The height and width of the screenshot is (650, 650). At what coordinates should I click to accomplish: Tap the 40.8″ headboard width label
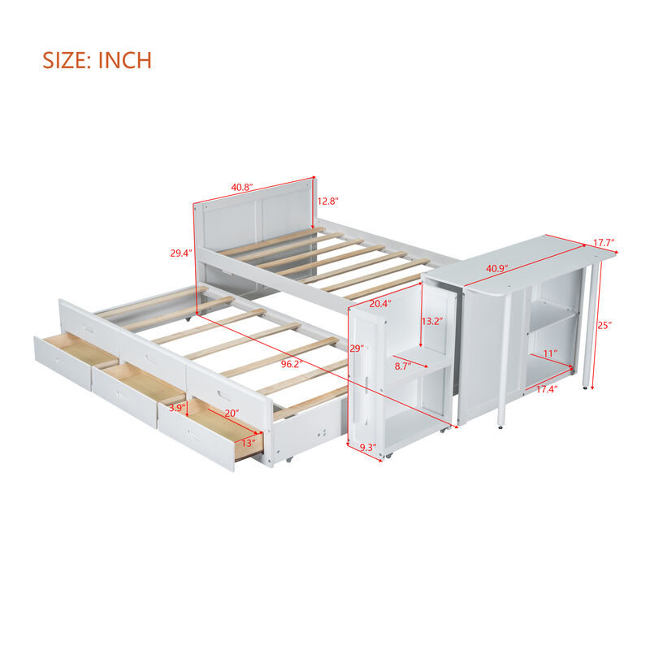[241, 188]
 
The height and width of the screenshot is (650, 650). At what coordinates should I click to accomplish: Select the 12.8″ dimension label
[327, 201]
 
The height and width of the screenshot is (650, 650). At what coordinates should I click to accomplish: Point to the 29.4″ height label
[180, 253]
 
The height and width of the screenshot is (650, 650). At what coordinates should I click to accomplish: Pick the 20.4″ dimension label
[380, 305]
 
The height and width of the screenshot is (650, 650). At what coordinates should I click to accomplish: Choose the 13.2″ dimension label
[433, 321]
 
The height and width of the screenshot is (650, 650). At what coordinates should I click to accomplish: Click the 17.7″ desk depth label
[604, 243]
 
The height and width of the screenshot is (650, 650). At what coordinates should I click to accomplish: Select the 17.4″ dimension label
[545, 390]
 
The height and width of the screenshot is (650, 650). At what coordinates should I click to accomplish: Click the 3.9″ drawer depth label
[172, 408]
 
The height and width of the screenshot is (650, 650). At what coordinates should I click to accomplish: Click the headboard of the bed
[253, 215]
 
